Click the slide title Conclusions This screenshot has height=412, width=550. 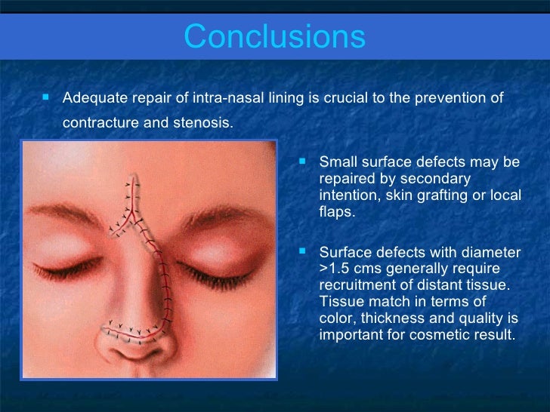[x=274, y=35]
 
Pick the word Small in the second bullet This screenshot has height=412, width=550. [x=336, y=162]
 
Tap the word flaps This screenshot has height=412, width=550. [x=336, y=212]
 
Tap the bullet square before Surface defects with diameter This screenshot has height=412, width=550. [x=304, y=252]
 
